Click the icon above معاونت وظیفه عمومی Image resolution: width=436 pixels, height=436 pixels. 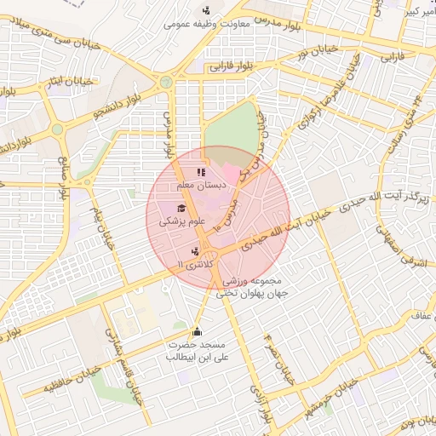[x=206, y=11]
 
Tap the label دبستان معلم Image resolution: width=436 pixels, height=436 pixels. [x=198, y=185]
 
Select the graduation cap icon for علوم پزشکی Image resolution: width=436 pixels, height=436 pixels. [x=181, y=209]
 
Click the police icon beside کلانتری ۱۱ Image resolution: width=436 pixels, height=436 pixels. [x=197, y=251]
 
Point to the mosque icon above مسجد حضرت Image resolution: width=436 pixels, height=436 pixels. [x=198, y=333]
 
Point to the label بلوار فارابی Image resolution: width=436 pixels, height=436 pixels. [x=232, y=64]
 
